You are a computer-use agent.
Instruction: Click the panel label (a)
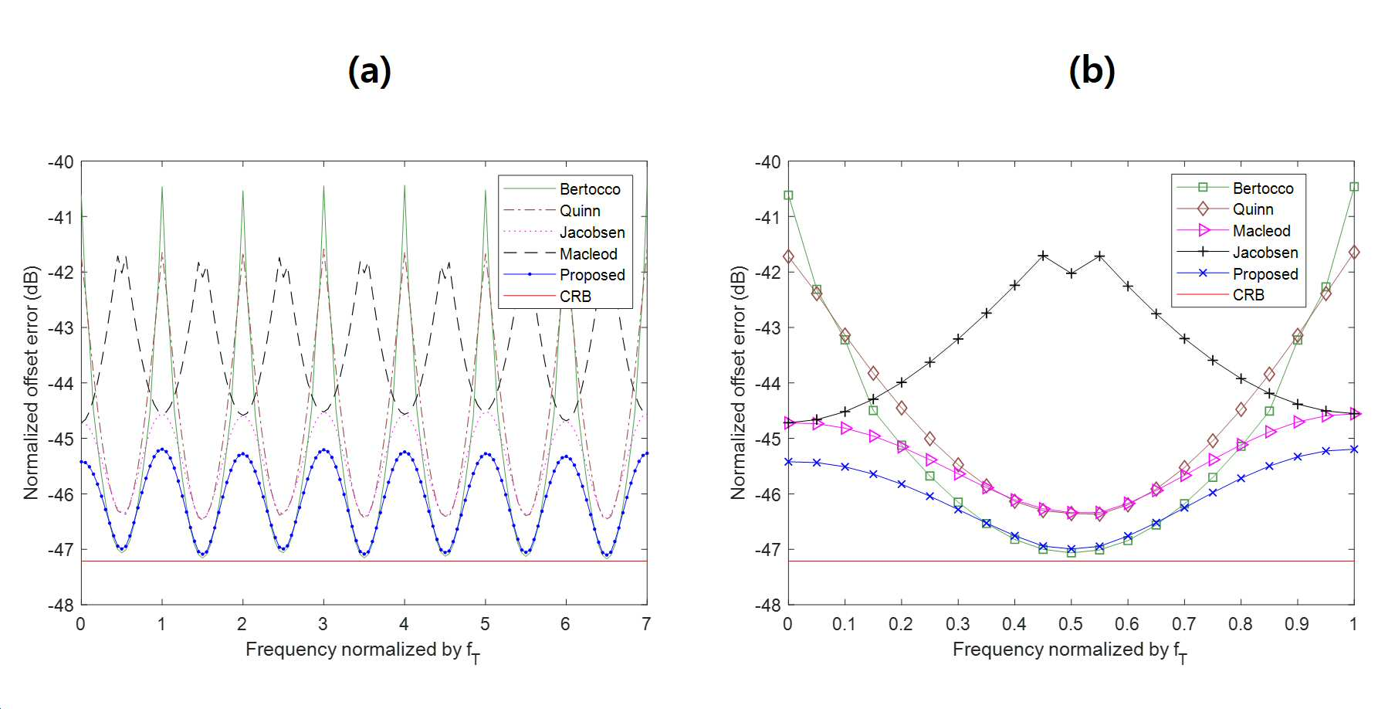click(370, 71)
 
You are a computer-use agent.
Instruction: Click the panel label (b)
click(1092, 71)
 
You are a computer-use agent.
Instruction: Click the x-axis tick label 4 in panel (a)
click(404, 624)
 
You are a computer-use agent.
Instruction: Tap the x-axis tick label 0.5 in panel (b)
click(1071, 624)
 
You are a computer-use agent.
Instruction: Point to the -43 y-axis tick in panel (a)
click(60, 327)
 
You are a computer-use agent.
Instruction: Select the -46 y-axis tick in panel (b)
click(767, 494)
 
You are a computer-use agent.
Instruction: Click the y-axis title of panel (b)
click(739, 383)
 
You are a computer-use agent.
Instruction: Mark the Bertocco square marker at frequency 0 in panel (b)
click(788, 195)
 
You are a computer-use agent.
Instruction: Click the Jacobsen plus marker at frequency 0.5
click(1071, 273)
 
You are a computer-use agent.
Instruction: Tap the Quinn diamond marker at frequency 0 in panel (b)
click(788, 256)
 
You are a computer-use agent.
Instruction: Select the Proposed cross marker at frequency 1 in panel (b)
click(1354, 449)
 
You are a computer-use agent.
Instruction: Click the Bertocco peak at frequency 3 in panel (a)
click(323, 186)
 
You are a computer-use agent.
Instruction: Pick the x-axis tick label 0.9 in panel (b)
click(1297, 624)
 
